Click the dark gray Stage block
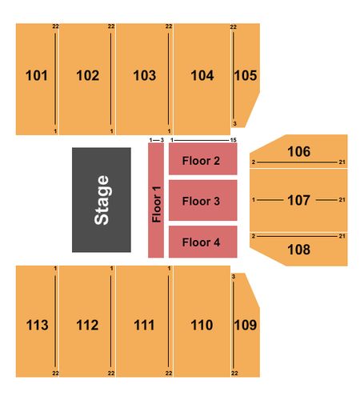click(102, 200)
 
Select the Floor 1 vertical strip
click(156, 200)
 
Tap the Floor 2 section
click(203, 159)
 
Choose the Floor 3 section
click(203, 200)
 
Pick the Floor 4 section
click(203, 242)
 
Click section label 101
click(37, 75)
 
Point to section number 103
click(145, 75)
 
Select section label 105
click(246, 75)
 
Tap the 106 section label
click(298, 151)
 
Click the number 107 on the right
click(298, 200)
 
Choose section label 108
click(298, 250)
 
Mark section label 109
click(246, 325)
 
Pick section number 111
click(144, 325)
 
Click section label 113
click(37, 325)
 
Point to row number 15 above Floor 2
click(234, 140)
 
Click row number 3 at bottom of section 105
click(234, 124)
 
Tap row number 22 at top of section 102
click(111, 26)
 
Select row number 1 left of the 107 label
click(254, 199)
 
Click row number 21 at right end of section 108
click(342, 236)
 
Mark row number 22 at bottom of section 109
click(234, 373)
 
